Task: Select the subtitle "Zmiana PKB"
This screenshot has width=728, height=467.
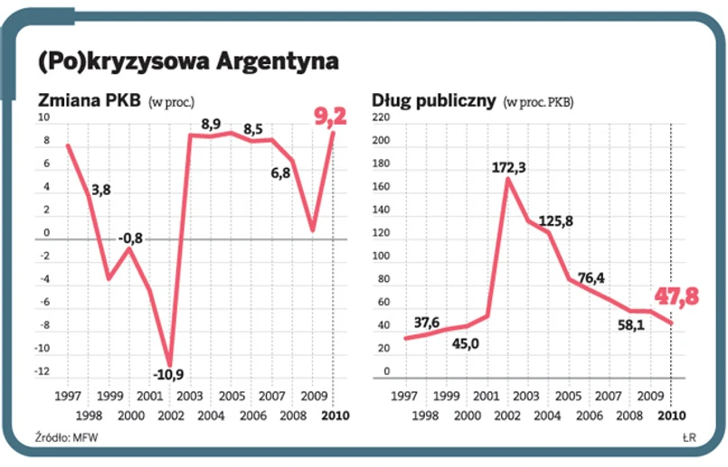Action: [x=88, y=101]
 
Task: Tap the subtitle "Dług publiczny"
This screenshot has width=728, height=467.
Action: [x=434, y=101]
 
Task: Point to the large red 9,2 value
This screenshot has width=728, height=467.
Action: [x=328, y=116]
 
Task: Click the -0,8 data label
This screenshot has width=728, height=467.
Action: [x=130, y=238]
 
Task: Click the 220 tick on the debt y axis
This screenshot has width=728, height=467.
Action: [x=380, y=118]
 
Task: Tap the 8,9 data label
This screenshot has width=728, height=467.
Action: [x=212, y=124]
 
